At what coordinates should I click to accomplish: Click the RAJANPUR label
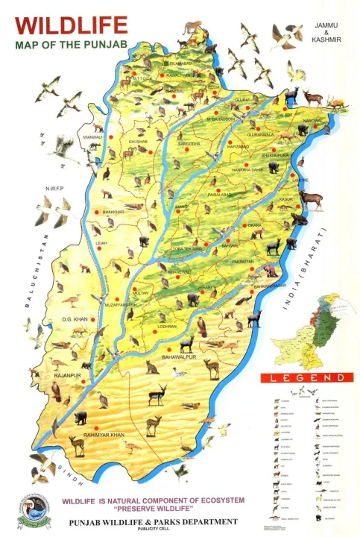(x=66, y=376)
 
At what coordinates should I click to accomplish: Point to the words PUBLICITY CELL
(x=154, y=530)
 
